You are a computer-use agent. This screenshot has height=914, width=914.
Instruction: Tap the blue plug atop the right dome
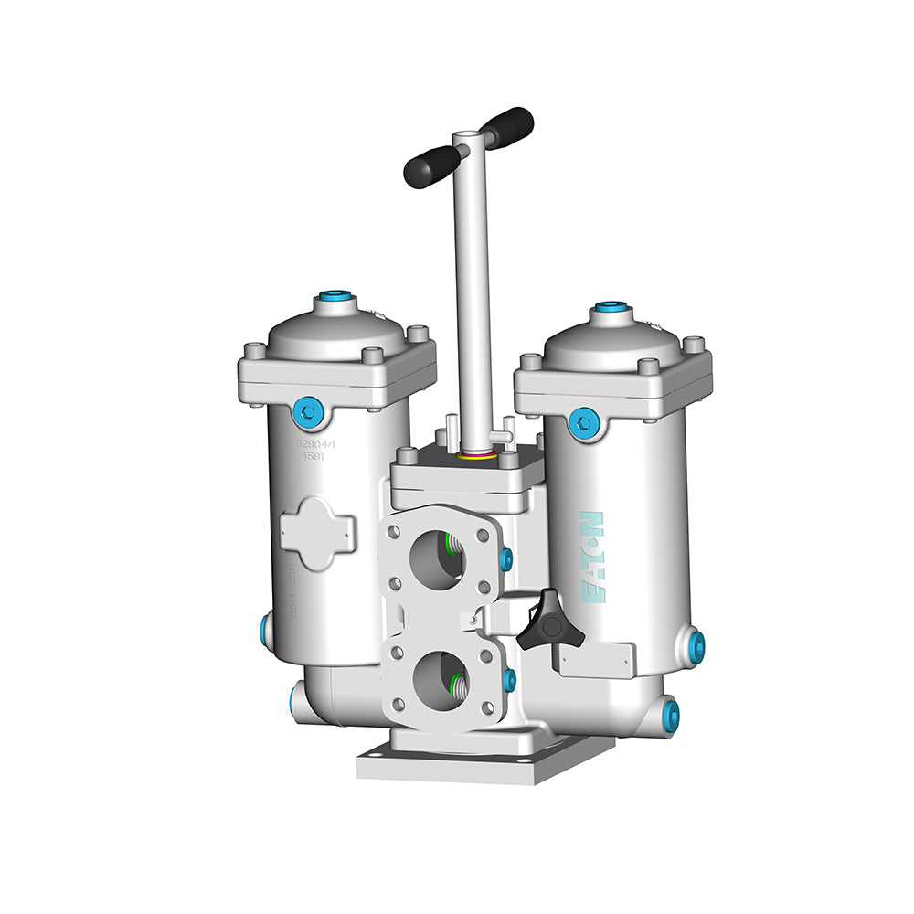611,310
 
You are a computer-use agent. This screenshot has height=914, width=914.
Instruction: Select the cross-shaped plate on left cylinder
316,533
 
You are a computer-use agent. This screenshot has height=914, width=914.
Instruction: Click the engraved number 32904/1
315,444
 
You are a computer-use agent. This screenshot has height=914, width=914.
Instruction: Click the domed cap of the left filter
336,329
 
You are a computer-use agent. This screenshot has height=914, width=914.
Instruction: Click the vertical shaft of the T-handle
473,292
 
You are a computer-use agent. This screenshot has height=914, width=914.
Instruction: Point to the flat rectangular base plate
484,760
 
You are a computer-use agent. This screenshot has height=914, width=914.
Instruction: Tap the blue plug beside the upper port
506,558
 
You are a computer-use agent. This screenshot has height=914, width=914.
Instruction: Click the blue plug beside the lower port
509,680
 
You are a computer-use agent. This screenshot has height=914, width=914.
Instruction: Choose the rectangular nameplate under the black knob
596,661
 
